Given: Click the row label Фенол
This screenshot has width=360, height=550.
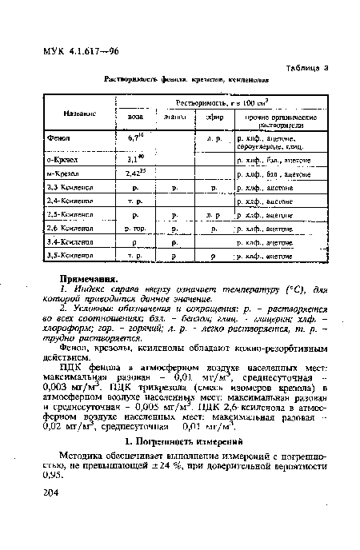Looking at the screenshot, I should (59, 138).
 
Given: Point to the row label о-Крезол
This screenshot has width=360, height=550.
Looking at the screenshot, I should (62, 160).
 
